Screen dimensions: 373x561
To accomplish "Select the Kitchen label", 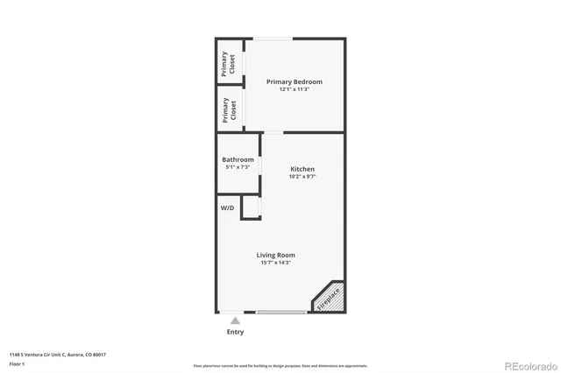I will (302, 169).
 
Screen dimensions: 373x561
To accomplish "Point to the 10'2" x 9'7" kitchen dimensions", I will (302, 177).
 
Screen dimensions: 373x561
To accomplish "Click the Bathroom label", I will (238, 159).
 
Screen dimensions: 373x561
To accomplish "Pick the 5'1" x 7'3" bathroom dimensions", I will (238, 167).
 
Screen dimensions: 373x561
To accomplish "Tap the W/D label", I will (227, 208).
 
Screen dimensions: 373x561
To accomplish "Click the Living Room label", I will (275, 255).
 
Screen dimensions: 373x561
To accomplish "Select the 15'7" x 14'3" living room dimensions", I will (275, 263).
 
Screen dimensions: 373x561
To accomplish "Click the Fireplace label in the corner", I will (329, 298).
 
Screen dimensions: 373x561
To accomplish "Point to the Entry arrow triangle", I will (235, 321).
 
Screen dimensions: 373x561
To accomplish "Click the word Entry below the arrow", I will (235, 332).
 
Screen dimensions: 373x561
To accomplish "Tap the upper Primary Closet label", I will (229, 65).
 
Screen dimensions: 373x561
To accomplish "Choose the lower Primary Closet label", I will (229, 109).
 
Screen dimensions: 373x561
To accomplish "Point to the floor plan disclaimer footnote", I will (281, 365).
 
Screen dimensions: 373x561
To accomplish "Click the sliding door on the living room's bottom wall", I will (282, 312).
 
